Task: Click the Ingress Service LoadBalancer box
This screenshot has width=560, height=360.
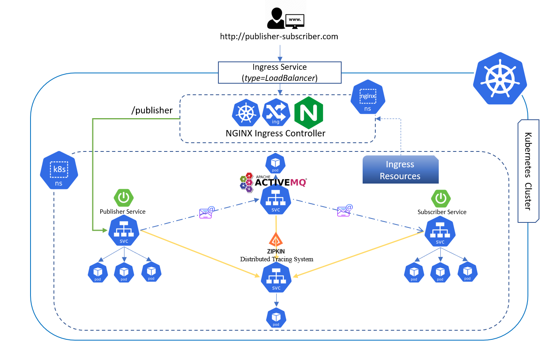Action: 279,73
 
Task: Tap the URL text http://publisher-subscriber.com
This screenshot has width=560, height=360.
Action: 279,36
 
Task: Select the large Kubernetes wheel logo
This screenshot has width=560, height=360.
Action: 500,79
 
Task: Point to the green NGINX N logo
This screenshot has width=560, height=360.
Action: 308,113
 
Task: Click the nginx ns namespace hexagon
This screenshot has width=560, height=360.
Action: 368,98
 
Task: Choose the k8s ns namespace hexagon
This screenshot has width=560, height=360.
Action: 59,170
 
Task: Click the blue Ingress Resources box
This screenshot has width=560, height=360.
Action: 400,170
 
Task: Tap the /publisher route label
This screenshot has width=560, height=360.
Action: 152,110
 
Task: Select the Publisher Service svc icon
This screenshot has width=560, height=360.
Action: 124,231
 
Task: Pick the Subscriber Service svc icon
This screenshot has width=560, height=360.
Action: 440,232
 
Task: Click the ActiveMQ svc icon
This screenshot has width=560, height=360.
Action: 276,200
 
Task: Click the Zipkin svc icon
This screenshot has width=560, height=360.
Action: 276,278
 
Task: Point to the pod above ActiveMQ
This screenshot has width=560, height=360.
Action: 275,163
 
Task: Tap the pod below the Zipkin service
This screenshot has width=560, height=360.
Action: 276,318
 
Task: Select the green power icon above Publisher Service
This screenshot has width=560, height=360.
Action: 124,197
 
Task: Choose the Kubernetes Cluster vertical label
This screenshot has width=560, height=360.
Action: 528,171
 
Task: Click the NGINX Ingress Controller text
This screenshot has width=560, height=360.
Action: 275,134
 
